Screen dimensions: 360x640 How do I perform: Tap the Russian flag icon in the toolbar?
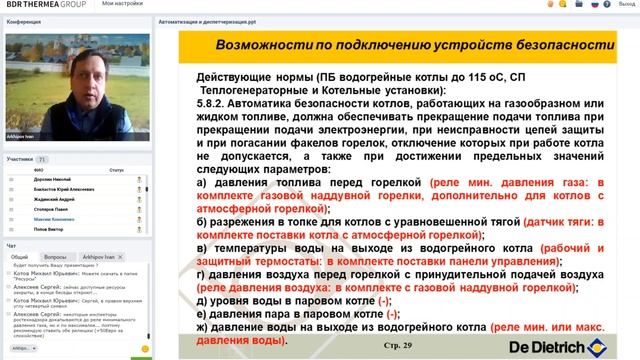point(594,5)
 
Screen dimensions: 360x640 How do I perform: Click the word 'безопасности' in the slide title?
point(552,46)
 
